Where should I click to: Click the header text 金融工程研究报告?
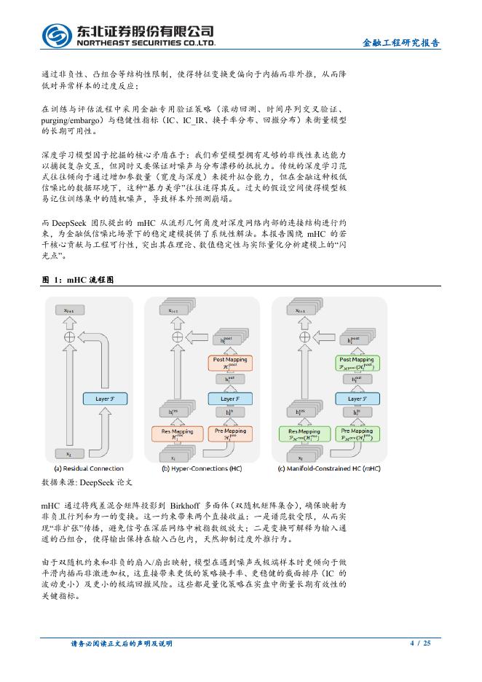[x=400, y=43]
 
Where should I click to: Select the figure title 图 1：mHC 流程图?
[x=79, y=280]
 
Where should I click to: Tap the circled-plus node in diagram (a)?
[x=70, y=337]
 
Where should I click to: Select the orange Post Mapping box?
[x=229, y=362]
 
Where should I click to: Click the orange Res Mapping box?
[x=173, y=434]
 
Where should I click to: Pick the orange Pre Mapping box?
[x=229, y=434]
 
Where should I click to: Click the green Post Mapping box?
[x=356, y=362]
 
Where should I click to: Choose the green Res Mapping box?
[x=299, y=434]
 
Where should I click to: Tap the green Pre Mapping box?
[x=356, y=434]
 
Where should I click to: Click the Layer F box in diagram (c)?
[x=356, y=399]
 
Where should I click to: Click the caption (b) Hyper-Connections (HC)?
[x=202, y=469]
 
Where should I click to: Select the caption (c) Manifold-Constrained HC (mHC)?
[x=329, y=469]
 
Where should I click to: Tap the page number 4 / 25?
[x=421, y=643]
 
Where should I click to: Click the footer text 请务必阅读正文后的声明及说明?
[x=121, y=643]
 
